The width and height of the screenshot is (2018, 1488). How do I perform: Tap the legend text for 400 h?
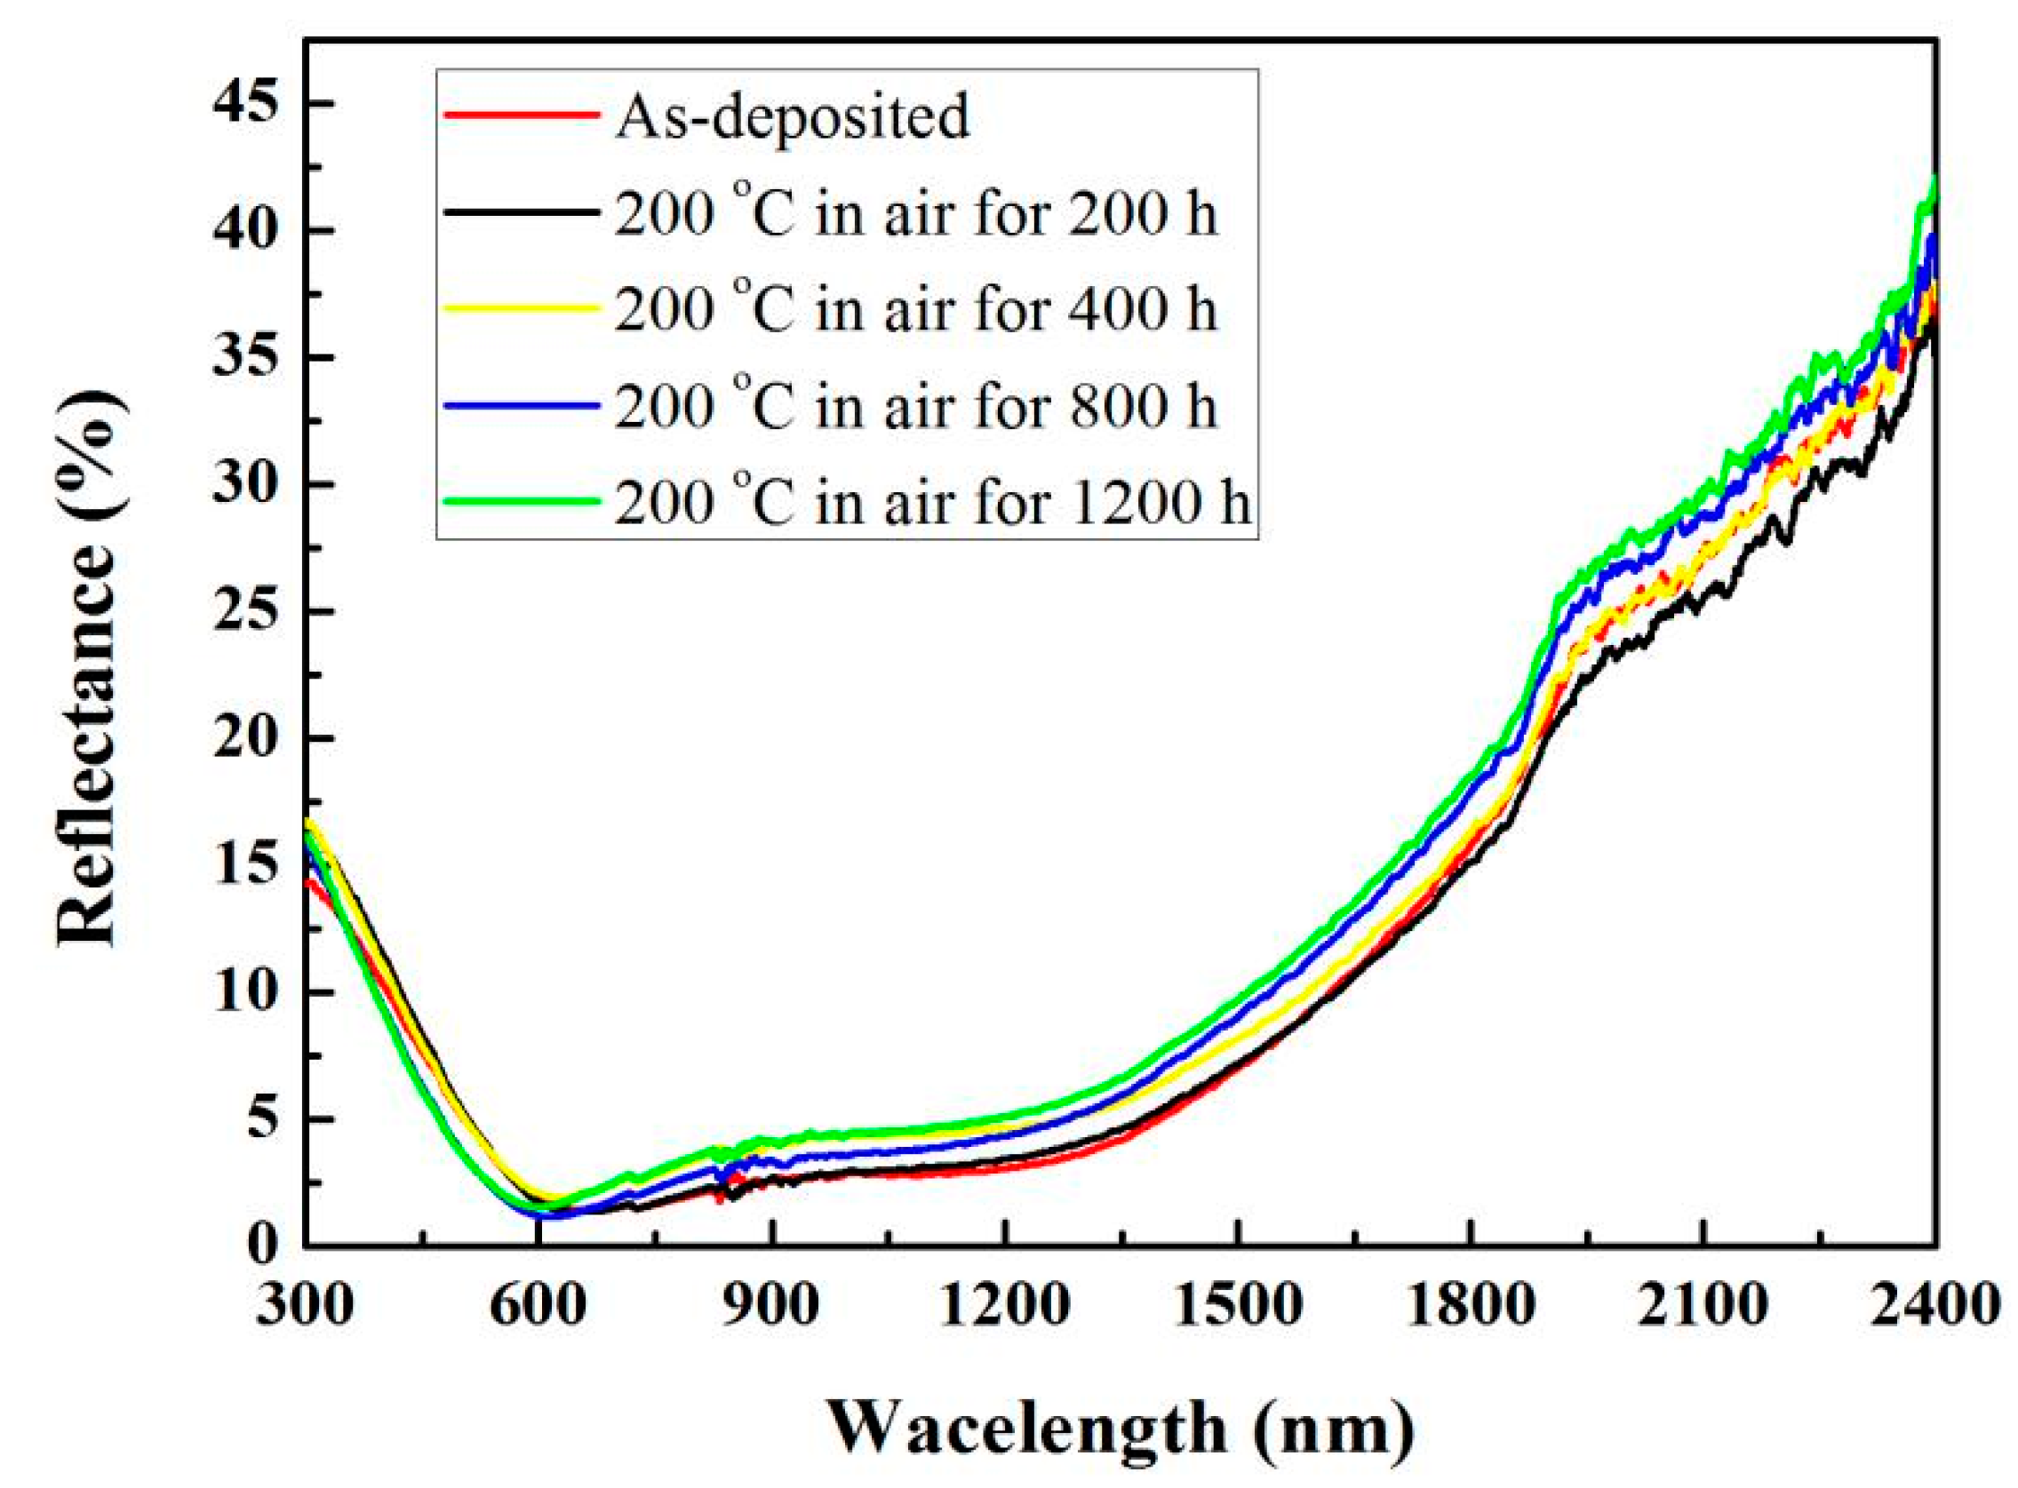pos(915,310)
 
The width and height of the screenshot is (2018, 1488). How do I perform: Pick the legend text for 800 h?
pos(915,406)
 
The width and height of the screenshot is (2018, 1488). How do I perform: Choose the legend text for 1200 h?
pos(933,503)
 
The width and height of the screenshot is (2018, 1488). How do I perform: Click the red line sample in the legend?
pos(521,115)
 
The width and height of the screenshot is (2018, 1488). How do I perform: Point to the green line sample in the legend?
pos(521,501)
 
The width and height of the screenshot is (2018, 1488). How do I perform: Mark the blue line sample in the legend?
pos(521,405)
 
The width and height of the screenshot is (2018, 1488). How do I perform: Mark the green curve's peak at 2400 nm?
pos(1934,179)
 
